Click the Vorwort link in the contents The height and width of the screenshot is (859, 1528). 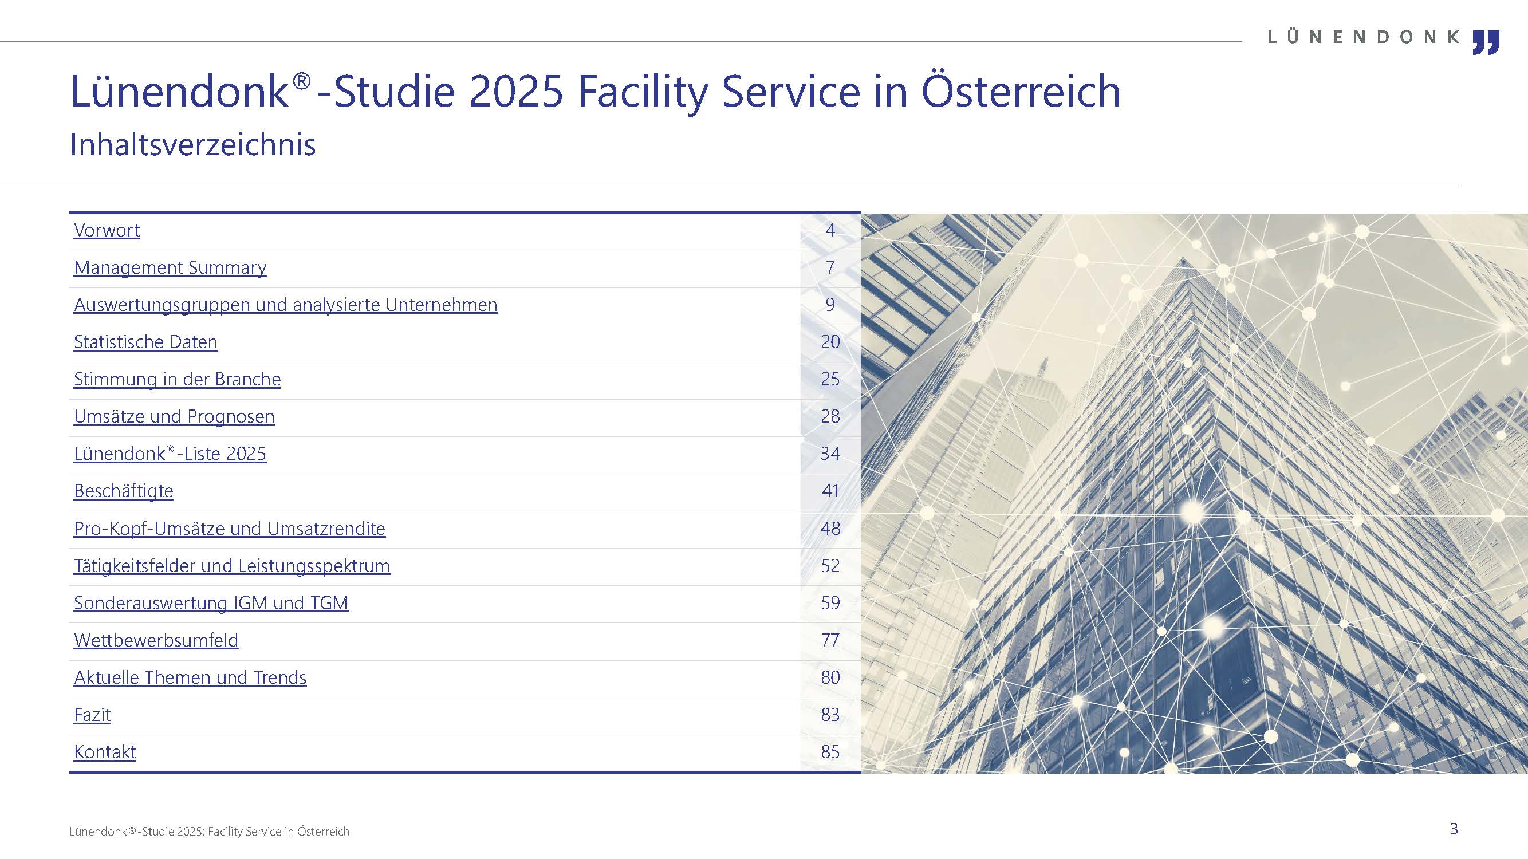coord(107,230)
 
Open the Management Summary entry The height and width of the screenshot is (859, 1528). coord(170,267)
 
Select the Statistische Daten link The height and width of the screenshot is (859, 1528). coord(146,342)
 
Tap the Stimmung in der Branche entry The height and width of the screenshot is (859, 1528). coord(178,380)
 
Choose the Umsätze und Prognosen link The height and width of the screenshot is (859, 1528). coord(174,417)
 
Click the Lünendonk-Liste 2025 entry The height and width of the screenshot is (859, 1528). coord(170,454)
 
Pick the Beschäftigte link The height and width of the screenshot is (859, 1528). coord(123,491)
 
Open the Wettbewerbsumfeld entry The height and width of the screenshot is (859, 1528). coord(156,641)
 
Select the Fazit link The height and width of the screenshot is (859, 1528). coord(92,715)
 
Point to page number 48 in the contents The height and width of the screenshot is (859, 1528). coord(830,529)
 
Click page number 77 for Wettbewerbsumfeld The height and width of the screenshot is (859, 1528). coord(830,641)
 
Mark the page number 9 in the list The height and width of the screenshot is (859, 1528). coord(830,305)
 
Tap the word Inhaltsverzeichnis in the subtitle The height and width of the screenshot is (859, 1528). coord(193,145)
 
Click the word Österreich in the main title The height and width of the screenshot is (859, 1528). coord(1021,92)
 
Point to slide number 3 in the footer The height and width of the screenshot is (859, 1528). coord(1454,829)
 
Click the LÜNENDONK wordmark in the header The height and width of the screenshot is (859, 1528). coord(1363,37)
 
